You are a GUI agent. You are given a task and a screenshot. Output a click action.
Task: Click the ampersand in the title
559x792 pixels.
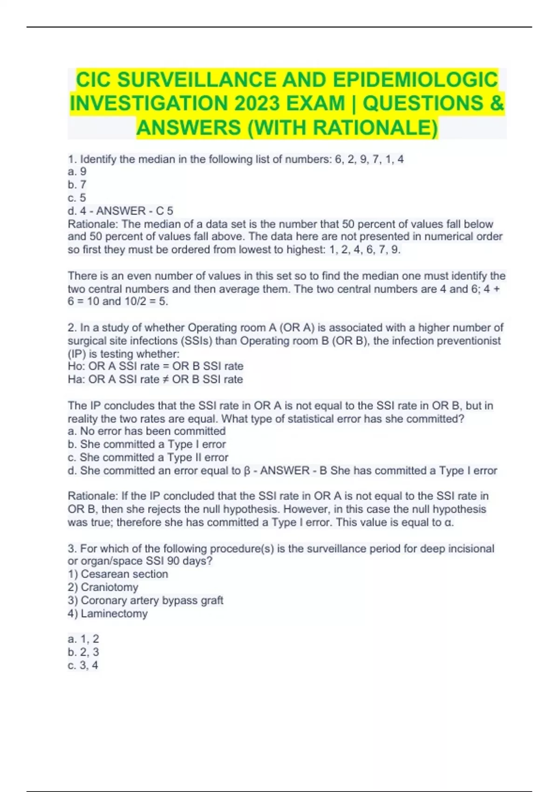(x=497, y=103)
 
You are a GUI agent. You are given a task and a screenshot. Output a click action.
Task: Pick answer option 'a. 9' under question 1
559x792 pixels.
(x=77, y=171)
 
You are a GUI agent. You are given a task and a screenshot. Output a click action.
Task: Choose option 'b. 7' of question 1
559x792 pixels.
(x=77, y=184)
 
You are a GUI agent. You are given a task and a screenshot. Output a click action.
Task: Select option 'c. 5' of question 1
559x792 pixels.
(x=77, y=198)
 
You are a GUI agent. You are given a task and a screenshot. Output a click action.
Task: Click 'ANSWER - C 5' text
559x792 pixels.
(x=135, y=211)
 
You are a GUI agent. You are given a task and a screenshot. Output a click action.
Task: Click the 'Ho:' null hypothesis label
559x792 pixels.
(x=76, y=366)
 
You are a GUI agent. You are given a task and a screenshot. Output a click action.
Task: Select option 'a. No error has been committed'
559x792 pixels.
(x=147, y=431)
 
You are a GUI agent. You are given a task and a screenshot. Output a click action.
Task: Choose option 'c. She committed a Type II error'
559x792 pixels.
(x=148, y=457)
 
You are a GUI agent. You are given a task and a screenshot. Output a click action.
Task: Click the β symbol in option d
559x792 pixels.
(x=247, y=471)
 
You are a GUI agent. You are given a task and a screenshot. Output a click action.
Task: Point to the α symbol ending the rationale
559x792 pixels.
(x=448, y=522)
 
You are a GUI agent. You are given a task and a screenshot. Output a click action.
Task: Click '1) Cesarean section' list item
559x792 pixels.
(x=118, y=574)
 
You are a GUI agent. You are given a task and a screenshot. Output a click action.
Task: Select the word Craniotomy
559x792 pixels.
(x=109, y=587)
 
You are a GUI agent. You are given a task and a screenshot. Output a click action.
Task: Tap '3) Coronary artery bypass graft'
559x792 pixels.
(x=145, y=600)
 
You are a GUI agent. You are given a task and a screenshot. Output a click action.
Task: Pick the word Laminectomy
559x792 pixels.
(x=114, y=613)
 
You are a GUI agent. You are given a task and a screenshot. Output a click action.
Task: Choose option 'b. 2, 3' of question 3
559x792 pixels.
(x=83, y=652)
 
